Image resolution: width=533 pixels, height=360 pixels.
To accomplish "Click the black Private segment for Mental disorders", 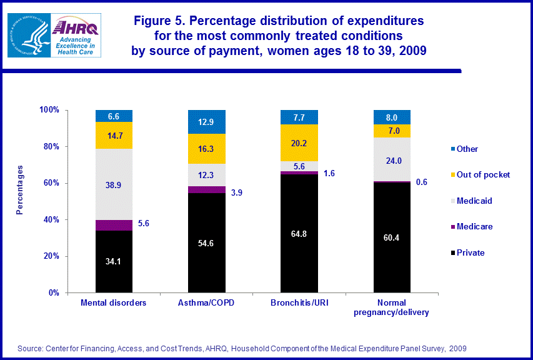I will coord(114,261).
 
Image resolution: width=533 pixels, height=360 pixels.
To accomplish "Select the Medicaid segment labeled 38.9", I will coord(114,184).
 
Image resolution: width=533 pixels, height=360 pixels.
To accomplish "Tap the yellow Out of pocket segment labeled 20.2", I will coord(299,142).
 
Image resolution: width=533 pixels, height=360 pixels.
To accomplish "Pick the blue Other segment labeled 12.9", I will coord(207,122).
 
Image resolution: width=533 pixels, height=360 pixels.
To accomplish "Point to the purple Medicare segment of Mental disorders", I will coord(114,225).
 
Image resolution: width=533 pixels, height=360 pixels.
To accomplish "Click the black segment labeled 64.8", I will coord(299,233).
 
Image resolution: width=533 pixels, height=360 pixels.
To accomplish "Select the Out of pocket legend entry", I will coord(483,174).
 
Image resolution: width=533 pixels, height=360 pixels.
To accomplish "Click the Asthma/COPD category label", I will coord(207,303).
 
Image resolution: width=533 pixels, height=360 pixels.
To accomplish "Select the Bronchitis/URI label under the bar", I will coord(299,303).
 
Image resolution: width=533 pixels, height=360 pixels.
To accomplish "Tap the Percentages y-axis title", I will coord(20,190).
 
